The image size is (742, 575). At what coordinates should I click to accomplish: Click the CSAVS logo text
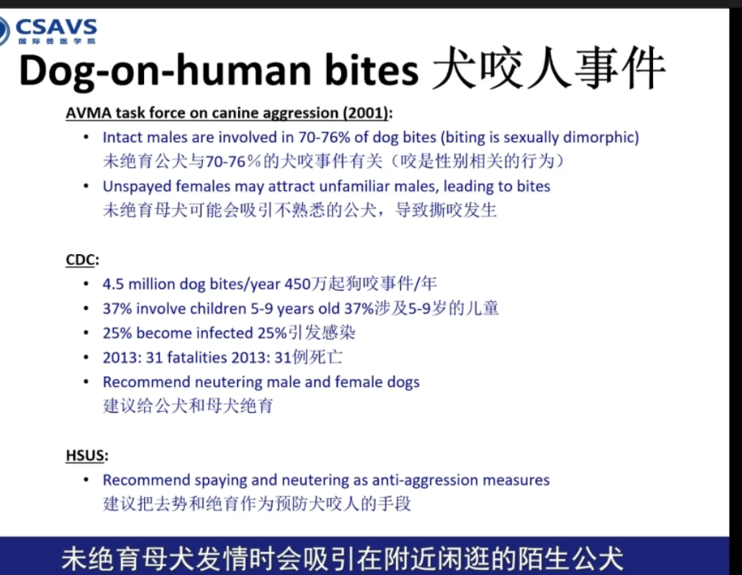click(56, 26)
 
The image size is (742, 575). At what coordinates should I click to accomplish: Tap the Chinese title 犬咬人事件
click(549, 68)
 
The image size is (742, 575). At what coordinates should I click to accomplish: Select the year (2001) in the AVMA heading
click(366, 113)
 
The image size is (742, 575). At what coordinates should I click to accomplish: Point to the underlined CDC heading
click(81, 260)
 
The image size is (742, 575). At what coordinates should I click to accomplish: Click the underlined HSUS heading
click(84, 455)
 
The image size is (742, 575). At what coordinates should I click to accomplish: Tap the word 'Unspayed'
click(137, 187)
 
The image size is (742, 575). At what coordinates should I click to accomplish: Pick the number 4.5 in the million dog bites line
click(113, 284)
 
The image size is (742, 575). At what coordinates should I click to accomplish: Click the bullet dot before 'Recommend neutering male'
click(86, 382)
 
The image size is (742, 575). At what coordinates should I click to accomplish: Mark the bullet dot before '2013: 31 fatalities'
click(86, 357)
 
